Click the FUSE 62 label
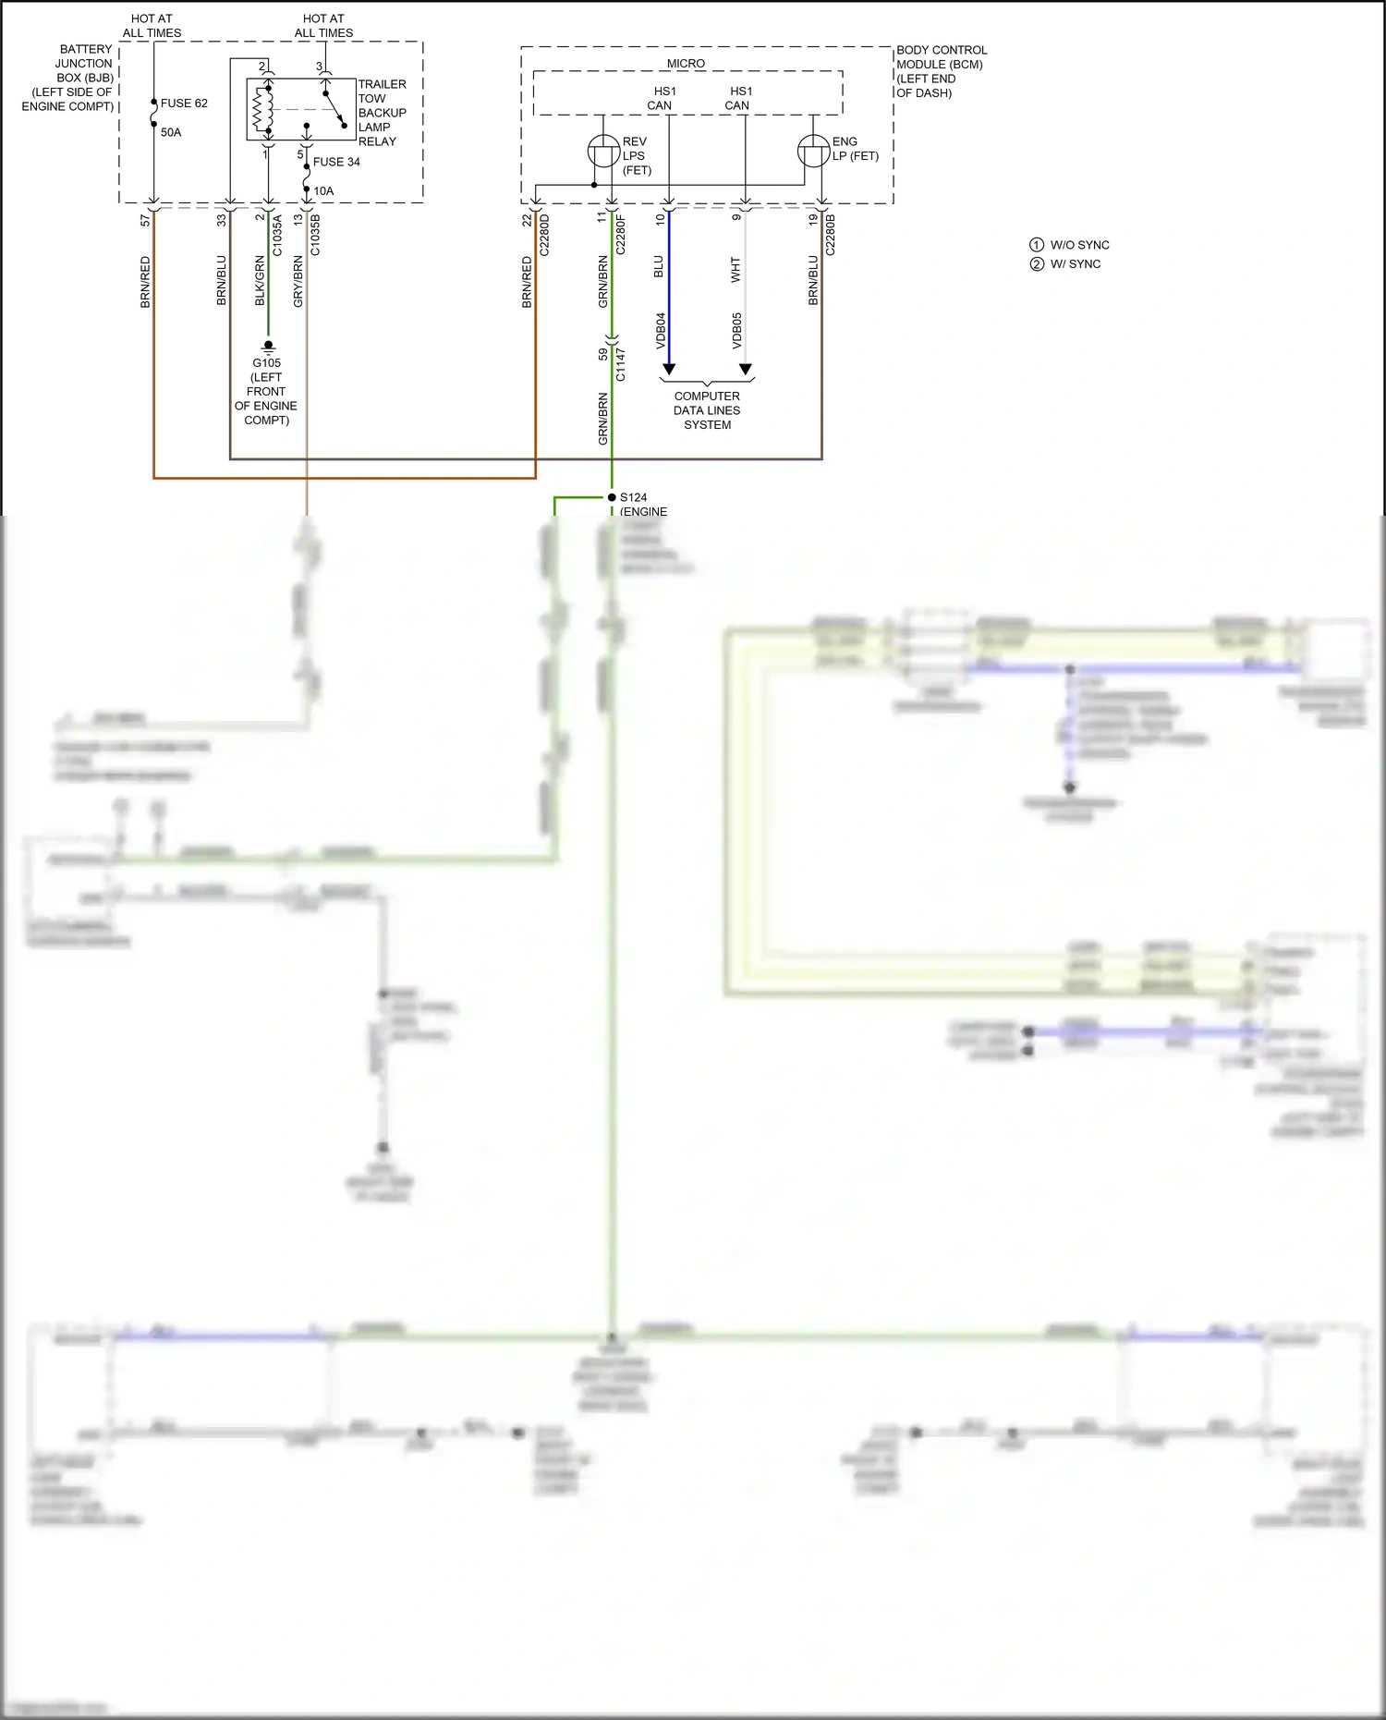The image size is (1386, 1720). pyautogui.click(x=184, y=104)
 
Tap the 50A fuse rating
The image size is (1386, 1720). pyautogui.click(x=171, y=132)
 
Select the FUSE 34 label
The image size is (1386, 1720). pyautogui.click(x=336, y=162)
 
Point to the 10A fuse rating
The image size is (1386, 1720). pyautogui.click(x=323, y=191)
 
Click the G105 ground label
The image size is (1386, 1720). pyautogui.click(x=267, y=363)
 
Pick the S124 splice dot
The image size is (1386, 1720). pyautogui.click(x=612, y=497)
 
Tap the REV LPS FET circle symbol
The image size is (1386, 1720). pyautogui.click(x=604, y=152)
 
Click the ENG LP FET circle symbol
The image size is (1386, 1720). pyautogui.click(x=814, y=152)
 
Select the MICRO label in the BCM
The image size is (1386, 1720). pyautogui.click(x=686, y=64)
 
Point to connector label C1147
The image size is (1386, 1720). pyautogui.click(x=621, y=364)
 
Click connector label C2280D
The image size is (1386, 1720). pyautogui.click(x=544, y=235)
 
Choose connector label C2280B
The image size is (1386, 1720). pyautogui.click(x=830, y=235)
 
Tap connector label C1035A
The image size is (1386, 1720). pyautogui.click(x=277, y=235)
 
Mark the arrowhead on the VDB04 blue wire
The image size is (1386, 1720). pyautogui.click(x=669, y=370)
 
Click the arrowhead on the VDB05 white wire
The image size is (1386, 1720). pyautogui.click(x=746, y=370)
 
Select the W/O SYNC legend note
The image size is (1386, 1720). pyautogui.click(x=1079, y=245)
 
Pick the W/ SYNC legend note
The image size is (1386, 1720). pyautogui.click(x=1075, y=264)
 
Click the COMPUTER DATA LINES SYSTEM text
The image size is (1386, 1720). pyautogui.click(x=707, y=410)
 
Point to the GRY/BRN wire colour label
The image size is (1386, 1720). pyautogui.click(x=298, y=282)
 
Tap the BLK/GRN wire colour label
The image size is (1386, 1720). pyautogui.click(x=260, y=281)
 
